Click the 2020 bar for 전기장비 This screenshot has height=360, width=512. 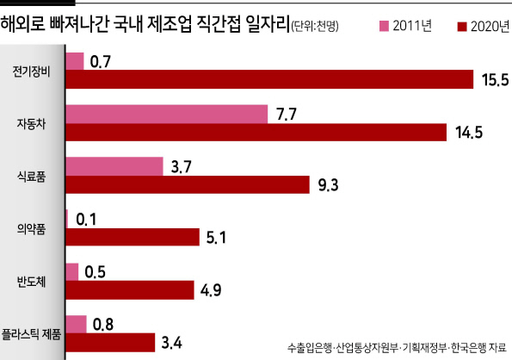[x=269, y=79]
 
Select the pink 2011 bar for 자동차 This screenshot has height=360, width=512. [x=167, y=114]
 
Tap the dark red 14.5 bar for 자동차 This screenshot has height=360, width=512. [x=256, y=133]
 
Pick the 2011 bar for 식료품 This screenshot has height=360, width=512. [x=114, y=166]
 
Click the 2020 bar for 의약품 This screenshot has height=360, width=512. [x=133, y=237]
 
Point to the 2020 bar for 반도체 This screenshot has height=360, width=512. [x=130, y=289]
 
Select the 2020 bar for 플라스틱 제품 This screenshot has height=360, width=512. [x=110, y=343]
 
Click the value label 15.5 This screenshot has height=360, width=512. [x=496, y=80]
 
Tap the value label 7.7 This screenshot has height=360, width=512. [x=287, y=115]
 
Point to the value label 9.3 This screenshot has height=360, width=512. [x=328, y=185]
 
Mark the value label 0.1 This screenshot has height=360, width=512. [x=86, y=220]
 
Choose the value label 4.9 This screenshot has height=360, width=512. [x=211, y=290]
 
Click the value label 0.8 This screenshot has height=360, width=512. [x=103, y=325]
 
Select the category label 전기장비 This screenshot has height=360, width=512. [x=31, y=71]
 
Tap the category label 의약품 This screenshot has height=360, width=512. [x=31, y=229]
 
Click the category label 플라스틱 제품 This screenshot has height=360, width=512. [x=31, y=334]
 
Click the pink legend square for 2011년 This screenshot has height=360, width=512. [x=384, y=26]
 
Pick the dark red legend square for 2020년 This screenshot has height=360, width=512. [x=462, y=27]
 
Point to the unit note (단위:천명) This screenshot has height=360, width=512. [x=315, y=26]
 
